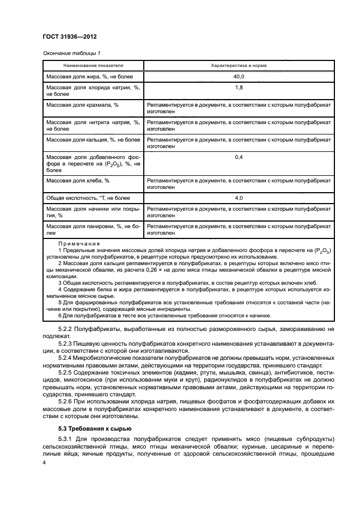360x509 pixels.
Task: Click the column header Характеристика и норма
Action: [238, 65]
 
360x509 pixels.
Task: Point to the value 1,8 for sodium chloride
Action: [238, 87]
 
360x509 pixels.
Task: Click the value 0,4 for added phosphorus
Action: [238, 157]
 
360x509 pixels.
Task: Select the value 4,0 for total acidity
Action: [238, 198]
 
